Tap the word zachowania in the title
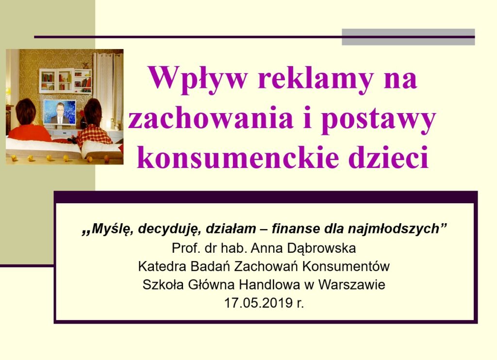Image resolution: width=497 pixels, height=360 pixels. click(x=210, y=118)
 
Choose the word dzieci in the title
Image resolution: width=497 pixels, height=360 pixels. click(x=388, y=157)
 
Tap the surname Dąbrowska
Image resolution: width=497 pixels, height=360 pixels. click(x=321, y=248)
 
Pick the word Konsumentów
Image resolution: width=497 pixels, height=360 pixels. click(x=346, y=266)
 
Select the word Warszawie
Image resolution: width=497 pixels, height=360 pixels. click(x=351, y=285)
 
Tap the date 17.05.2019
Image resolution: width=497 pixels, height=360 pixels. click(x=258, y=303)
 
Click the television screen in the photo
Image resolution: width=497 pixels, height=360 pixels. click(x=60, y=112)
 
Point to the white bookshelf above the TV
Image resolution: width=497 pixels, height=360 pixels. click(x=66, y=81)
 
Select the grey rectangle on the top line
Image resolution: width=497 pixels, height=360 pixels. click(x=408, y=37)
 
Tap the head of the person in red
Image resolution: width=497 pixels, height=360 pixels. click(x=25, y=112)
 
